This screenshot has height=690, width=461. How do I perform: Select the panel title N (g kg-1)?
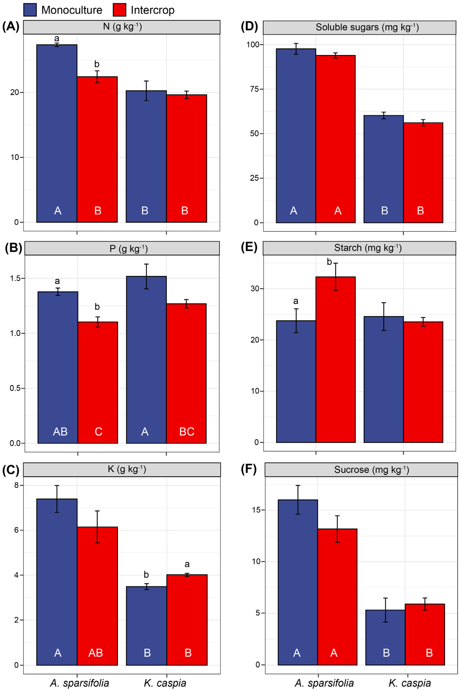coord(122,27)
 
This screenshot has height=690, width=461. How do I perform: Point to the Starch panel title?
coord(368,248)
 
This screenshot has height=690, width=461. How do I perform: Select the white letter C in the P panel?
coord(99,431)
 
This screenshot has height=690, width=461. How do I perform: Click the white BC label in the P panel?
coord(187,431)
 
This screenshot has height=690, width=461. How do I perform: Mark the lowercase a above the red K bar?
coord(187,564)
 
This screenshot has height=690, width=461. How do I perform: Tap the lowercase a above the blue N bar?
coord(57,38)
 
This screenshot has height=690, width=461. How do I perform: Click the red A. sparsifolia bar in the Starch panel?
coord(335,360)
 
